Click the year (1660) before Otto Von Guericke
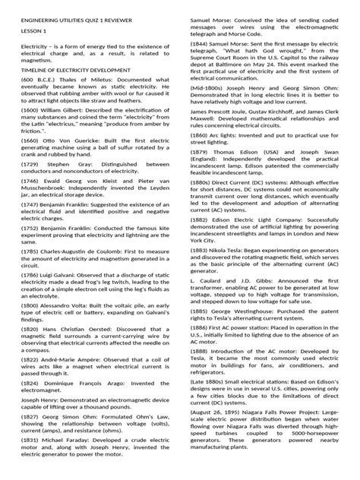[x=30, y=162]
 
